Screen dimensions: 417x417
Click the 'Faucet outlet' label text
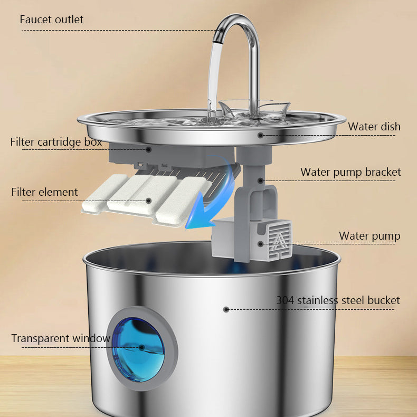coord(51,20)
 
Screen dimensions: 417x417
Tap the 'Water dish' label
coord(374,127)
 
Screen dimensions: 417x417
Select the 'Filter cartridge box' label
coord(56,142)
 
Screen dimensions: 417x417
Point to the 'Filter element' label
coord(44,192)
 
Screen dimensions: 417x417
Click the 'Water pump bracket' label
coord(350,172)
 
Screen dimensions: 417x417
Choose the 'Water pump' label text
coord(369,236)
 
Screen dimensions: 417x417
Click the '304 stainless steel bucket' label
coord(338,300)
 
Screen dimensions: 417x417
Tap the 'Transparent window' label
coord(61,338)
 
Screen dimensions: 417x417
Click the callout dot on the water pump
coord(260,243)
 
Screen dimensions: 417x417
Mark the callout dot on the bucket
coord(226,309)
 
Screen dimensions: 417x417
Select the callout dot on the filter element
coord(149,201)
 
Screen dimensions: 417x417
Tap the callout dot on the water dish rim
coord(260,135)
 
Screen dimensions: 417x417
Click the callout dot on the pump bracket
coord(260,181)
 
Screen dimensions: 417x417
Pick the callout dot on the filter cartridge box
coord(148,149)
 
